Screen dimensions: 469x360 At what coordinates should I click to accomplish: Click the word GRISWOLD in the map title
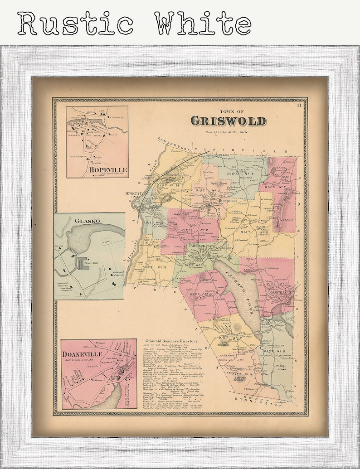(228, 121)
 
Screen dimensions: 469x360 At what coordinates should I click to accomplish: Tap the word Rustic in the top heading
(75, 23)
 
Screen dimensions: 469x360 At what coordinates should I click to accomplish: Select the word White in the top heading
(203, 23)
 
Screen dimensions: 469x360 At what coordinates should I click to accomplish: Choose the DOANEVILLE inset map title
(83, 353)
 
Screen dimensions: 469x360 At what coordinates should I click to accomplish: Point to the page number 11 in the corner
(300, 106)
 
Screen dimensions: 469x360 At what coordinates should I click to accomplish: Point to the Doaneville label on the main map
(281, 293)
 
